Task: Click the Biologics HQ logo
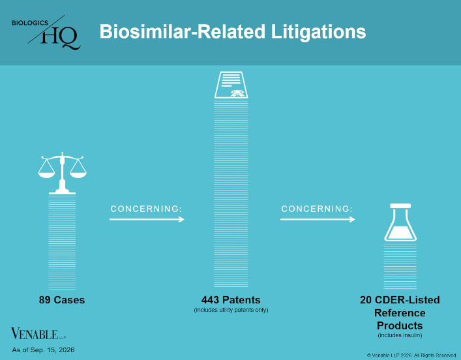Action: [x=46, y=33]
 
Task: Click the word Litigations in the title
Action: [x=318, y=31]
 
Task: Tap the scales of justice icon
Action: [x=62, y=173]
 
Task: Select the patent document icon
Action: [x=231, y=85]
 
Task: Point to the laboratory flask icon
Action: [x=400, y=222]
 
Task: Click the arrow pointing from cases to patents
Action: [x=147, y=219]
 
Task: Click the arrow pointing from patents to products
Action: [x=318, y=219]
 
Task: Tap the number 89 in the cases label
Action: [x=45, y=300]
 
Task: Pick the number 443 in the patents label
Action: [x=211, y=300]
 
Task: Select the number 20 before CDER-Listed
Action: [x=366, y=300]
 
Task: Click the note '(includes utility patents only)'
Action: [x=231, y=310]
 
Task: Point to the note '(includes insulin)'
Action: [x=400, y=335]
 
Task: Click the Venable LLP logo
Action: [x=38, y=334]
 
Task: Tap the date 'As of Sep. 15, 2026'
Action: [x=43, y=350]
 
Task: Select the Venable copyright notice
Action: [x=411, y=355]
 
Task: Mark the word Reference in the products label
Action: [x=400, y=313]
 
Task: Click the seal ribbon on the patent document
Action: [x=236, y=93]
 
